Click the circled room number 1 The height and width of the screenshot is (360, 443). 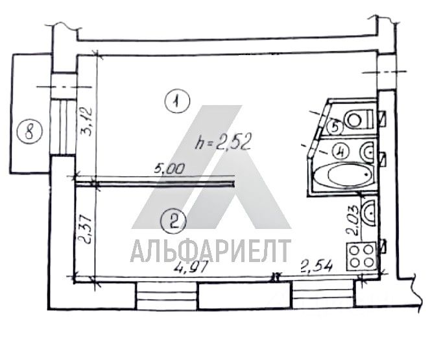pyautogui.click(x=177, y=101)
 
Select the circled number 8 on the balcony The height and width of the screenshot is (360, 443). pyautogui.click(x=29, y=132)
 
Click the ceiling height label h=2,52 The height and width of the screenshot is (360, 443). pyautogui.click(x=223, y=143)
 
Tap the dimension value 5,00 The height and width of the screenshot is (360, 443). pyautogui.click(x=169, y=169)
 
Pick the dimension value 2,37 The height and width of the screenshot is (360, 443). pyautogui.click(x=84, y=230)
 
